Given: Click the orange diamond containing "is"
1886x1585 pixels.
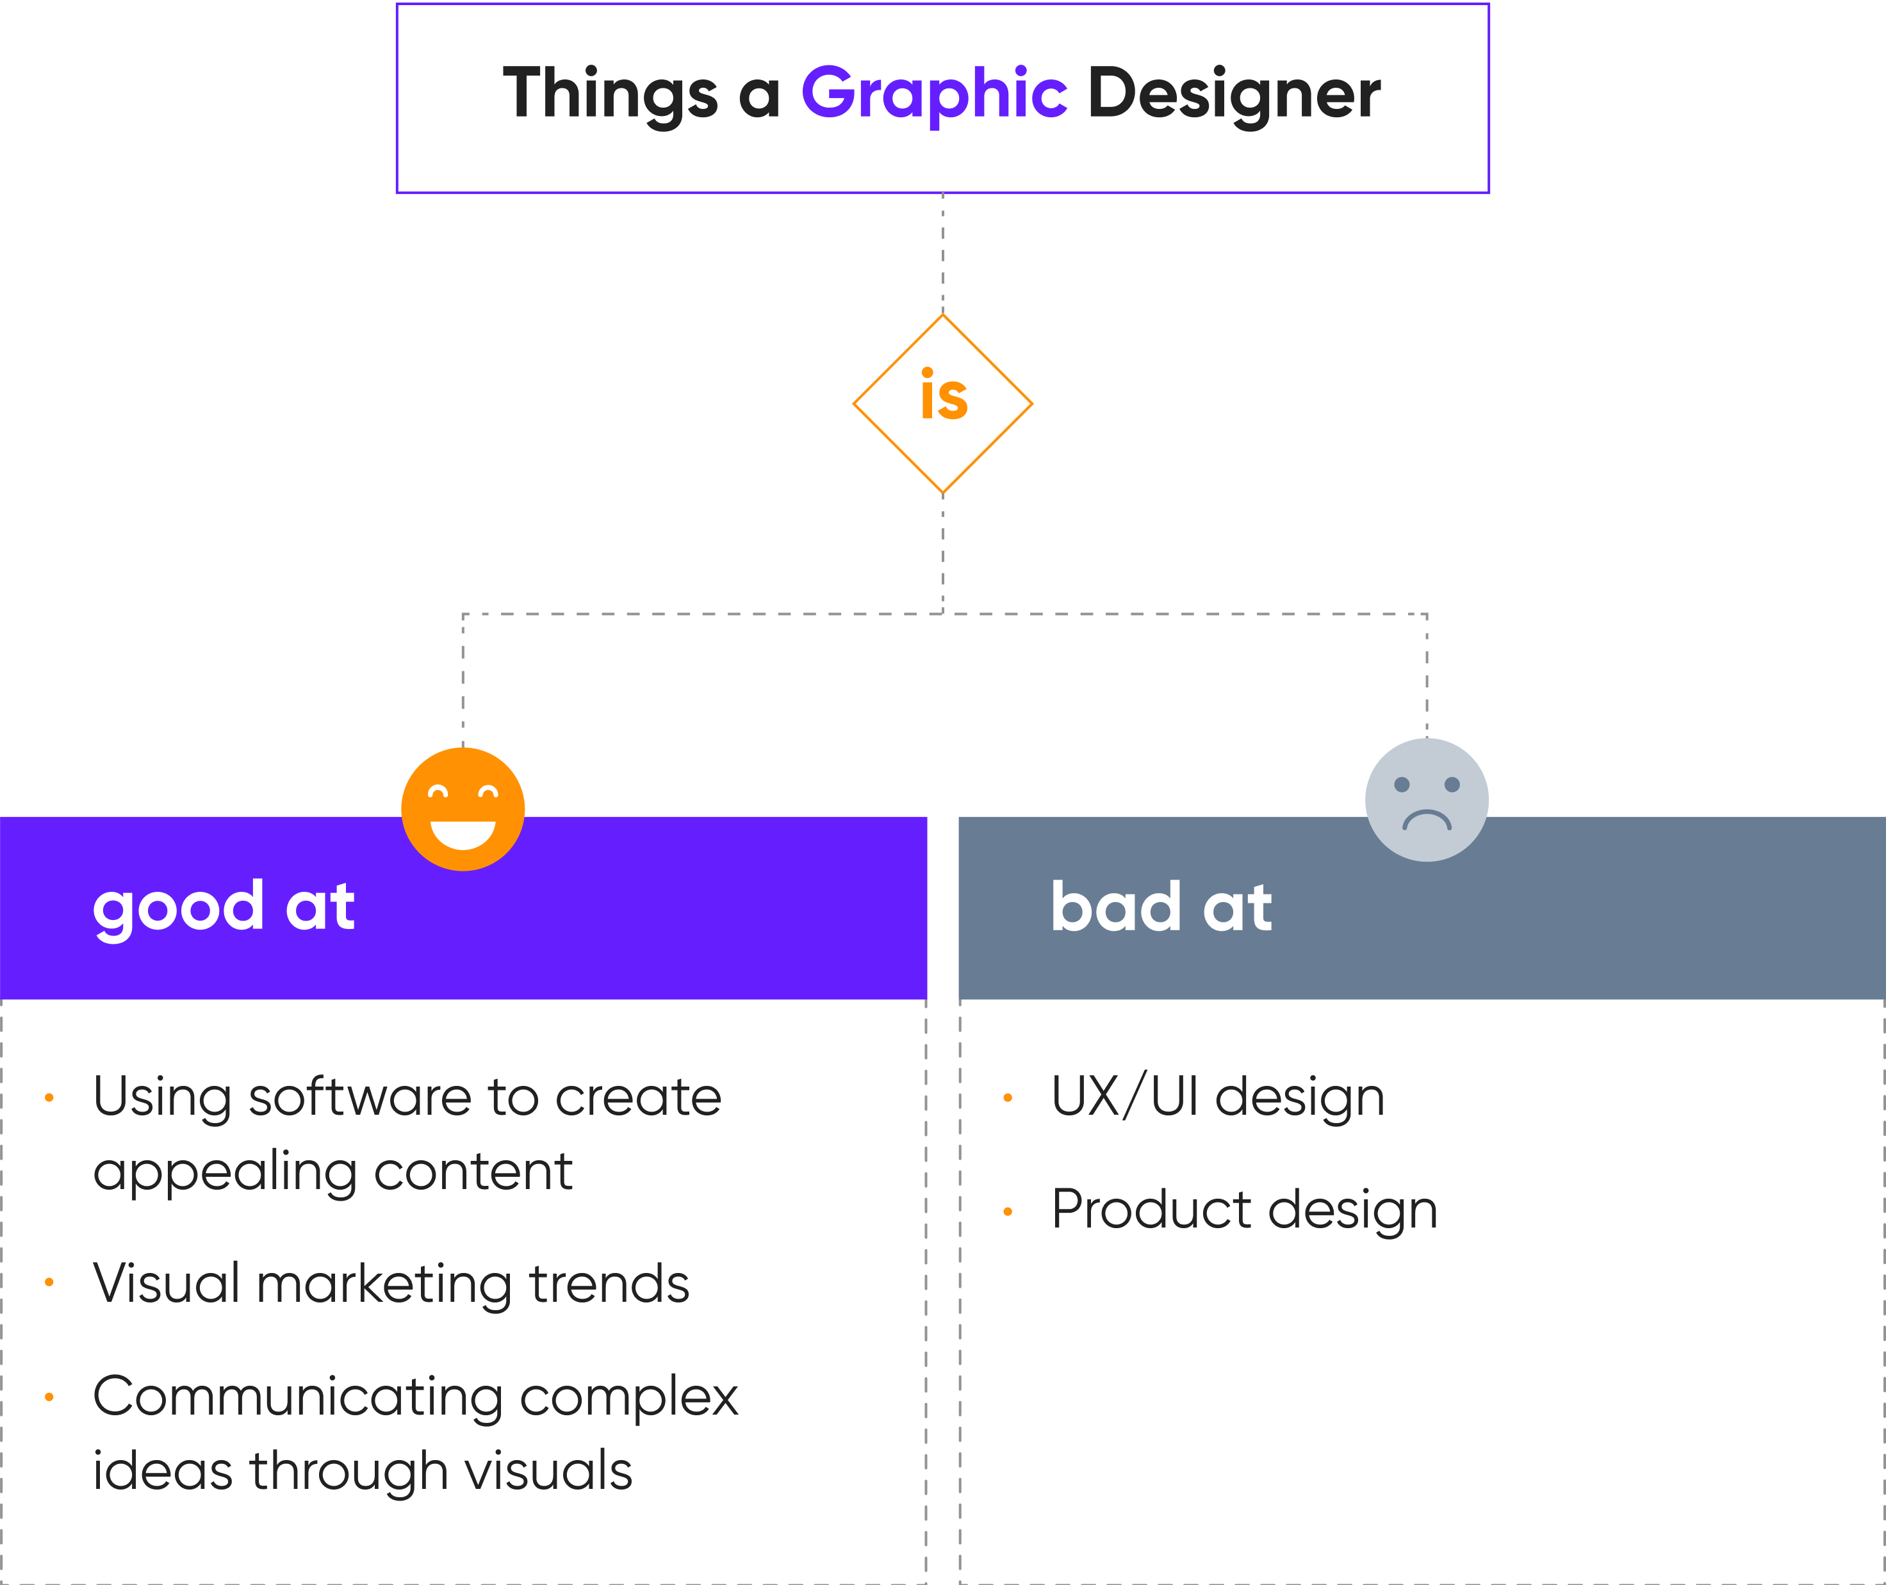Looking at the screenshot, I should point(942,404).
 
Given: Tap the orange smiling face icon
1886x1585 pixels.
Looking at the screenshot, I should point(463,808).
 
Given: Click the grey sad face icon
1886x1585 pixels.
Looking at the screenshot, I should point(1426,799).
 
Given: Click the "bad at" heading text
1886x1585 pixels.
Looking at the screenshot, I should point(1161,908).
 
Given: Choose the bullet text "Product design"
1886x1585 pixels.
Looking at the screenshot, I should point(1245,1210).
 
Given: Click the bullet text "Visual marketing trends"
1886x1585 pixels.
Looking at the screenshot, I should point(391,1283).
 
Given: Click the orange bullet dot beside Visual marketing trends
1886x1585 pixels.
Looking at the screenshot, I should point(49,1282).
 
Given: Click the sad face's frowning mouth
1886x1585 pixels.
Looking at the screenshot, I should point(1426,819).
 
